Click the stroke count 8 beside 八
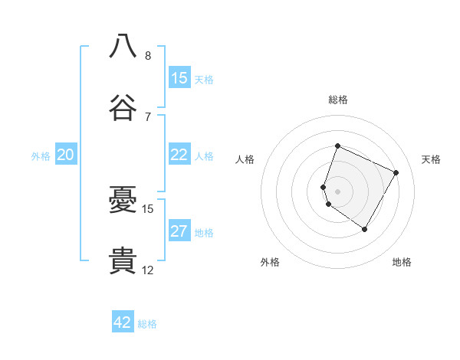pos(147,56)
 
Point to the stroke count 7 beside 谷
pos(147,116)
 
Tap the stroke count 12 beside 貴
pos(148,270)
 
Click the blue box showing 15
pos(179,77)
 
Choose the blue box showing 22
pos(179,155)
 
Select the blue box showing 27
pos(179,231)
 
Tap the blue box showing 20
pos(66,155)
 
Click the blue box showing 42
pos(123,322)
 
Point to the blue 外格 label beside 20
pos(41,155)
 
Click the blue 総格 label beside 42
pos(147,324)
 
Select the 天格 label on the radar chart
pos(431,159)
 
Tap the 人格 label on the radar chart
pos(245,159)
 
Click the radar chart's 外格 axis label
pos(270,262)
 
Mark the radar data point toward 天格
pos(396,172)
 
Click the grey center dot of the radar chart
pos(337,191)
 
